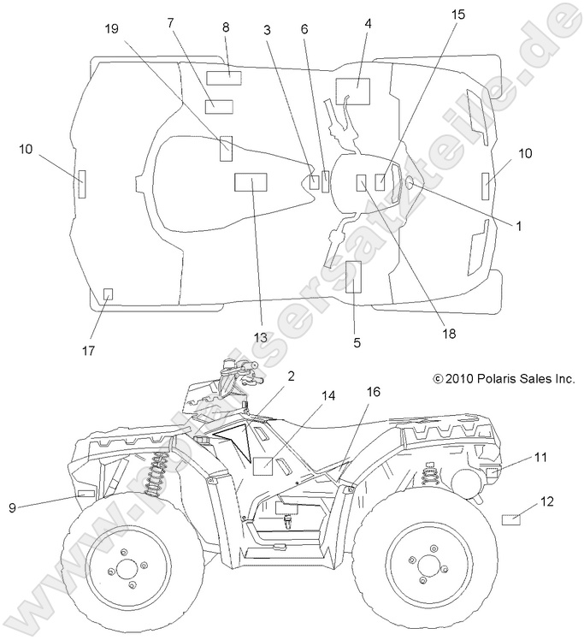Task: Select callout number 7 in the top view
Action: [171, 21]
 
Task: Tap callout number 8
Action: [226, 27]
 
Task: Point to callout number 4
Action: [368, 23]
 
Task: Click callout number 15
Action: [459, 15]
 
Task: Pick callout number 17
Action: [89, 351]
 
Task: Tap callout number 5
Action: [357, 342]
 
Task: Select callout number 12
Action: [548, 501]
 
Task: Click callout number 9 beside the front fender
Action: [13, 507]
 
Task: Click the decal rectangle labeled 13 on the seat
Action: [251, 181]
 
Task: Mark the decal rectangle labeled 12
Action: [511, 519]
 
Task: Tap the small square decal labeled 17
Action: [108, 293]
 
